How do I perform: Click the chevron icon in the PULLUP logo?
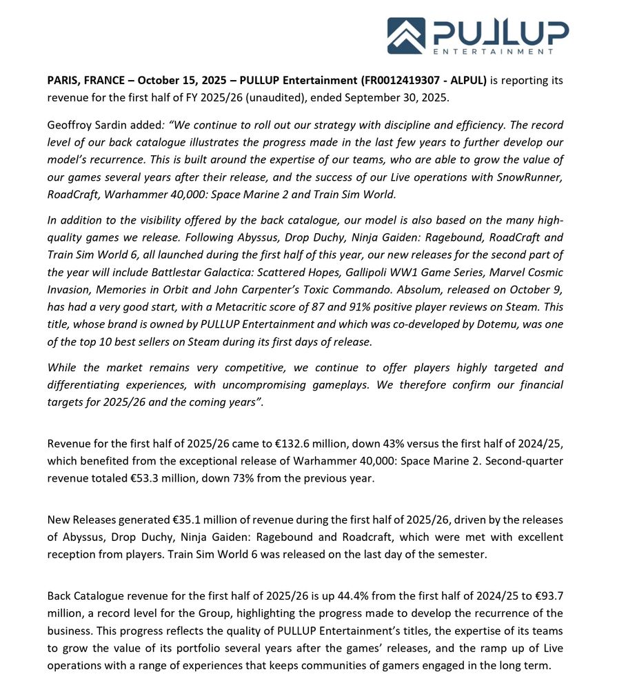(x=406, y=35)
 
